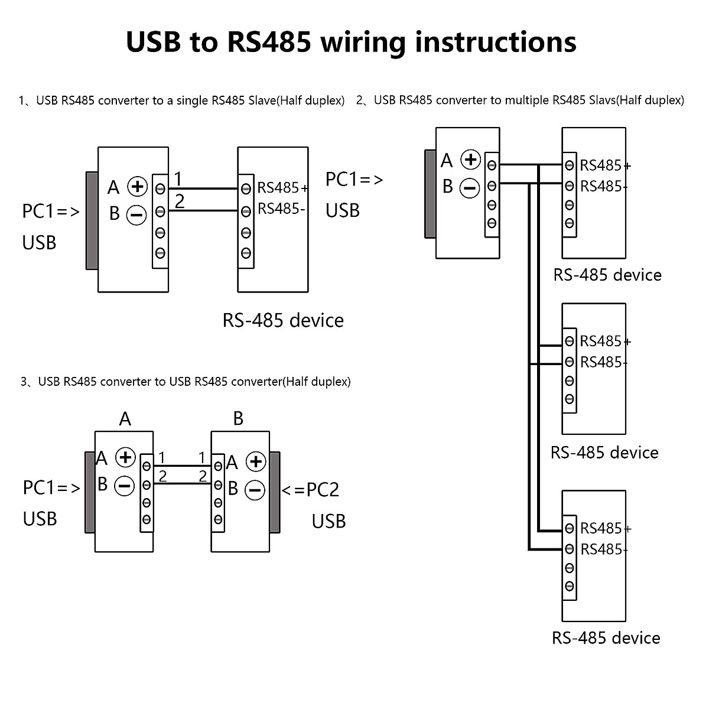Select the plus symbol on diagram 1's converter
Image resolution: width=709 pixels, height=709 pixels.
pos(137,187)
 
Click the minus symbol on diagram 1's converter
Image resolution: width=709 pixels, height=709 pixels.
pos(136,214)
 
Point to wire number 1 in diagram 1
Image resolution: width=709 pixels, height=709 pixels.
pos(178,179)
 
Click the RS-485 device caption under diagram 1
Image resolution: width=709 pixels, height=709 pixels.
pos(283,320)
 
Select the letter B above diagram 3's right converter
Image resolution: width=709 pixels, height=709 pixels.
pos(238,419)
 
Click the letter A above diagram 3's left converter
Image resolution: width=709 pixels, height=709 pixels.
pos(125,419)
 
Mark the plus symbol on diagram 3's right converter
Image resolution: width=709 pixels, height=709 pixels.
pos(256,461)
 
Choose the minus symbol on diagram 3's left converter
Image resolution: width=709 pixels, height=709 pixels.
pos(125,486)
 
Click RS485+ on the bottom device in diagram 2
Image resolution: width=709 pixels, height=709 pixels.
pos(604,528)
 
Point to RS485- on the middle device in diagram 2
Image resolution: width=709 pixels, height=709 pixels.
pos(603,362)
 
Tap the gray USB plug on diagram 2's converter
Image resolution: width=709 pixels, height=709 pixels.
pos(430,194)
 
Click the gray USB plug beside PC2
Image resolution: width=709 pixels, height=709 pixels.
pos(275,492)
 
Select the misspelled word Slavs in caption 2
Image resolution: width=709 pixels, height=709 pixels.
pos(601,100)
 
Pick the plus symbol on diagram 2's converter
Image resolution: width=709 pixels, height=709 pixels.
pos(471,160)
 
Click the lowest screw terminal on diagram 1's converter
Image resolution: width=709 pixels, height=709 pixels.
pos(160,253)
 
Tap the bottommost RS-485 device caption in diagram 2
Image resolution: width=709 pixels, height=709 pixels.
pos(606,638)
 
